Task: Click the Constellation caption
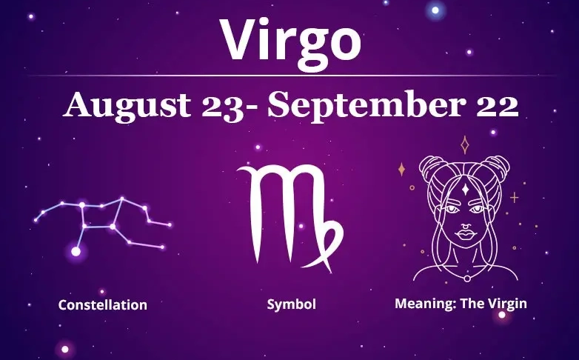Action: click(102, 304)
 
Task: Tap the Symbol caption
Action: click(292, 304)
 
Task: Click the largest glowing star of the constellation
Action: click(76, 252)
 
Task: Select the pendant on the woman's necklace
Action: click(466, 279)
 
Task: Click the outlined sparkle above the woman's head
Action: click(465, 144)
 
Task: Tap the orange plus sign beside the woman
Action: click(514, 198)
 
